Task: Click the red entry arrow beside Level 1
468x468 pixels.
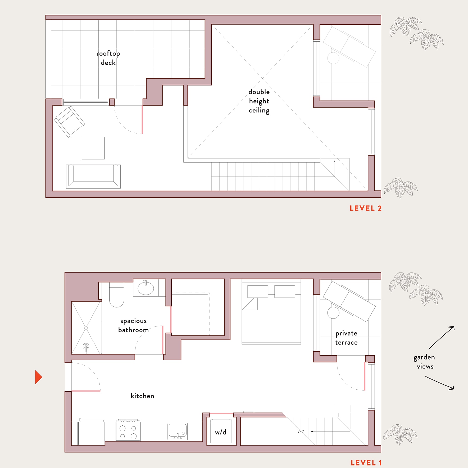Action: point(38,377)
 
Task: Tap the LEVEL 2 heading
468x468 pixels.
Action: point(365,208)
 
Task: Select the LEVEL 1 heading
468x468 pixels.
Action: point(366,463)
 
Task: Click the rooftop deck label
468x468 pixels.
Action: point(108,58)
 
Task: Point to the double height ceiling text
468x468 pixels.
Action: point(259,101)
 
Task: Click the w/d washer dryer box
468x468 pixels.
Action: point(221,432)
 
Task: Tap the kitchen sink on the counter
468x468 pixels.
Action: point(178,431)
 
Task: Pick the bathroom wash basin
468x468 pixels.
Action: point(146,288)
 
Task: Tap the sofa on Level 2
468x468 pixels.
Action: point(93,176)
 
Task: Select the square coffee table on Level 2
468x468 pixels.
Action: point(93,148)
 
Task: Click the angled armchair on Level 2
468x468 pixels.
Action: point(70,122)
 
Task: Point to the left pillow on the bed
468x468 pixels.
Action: point(258,291)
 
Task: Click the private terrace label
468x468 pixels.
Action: point(346,338)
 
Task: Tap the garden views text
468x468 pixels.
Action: point(425,362)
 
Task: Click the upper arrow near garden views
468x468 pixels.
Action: point(441,338)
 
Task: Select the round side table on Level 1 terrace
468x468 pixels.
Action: point(333,313)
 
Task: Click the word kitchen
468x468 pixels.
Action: point(142,396)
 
